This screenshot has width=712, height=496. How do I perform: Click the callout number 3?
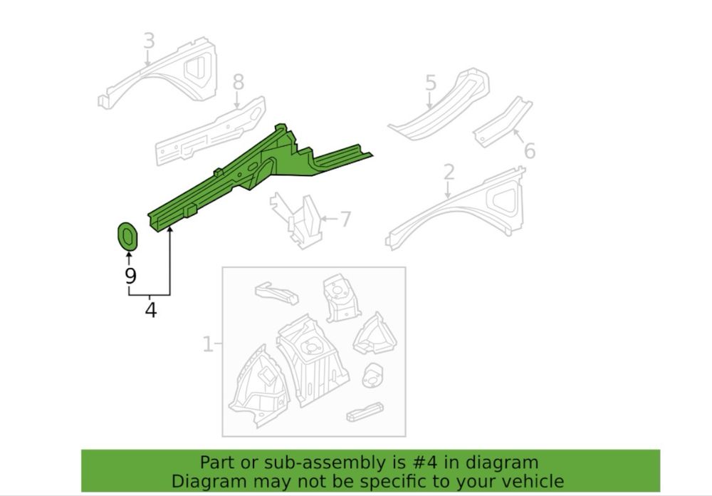(149, 41)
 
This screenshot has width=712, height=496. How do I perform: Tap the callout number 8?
(239, 82)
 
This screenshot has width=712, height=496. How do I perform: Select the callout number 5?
(431, 83)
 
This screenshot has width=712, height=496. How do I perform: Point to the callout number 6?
(530, 150)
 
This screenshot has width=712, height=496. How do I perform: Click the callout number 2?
(449, 172)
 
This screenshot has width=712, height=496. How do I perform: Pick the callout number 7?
(345, 219)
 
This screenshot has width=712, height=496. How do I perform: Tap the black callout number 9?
(130, 276)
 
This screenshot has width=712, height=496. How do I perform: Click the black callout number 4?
(151, 309)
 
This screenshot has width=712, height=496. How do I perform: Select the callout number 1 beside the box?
(207, 344)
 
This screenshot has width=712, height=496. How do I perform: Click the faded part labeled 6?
(502, 122)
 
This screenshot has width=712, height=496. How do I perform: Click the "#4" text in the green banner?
(426, 463)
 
